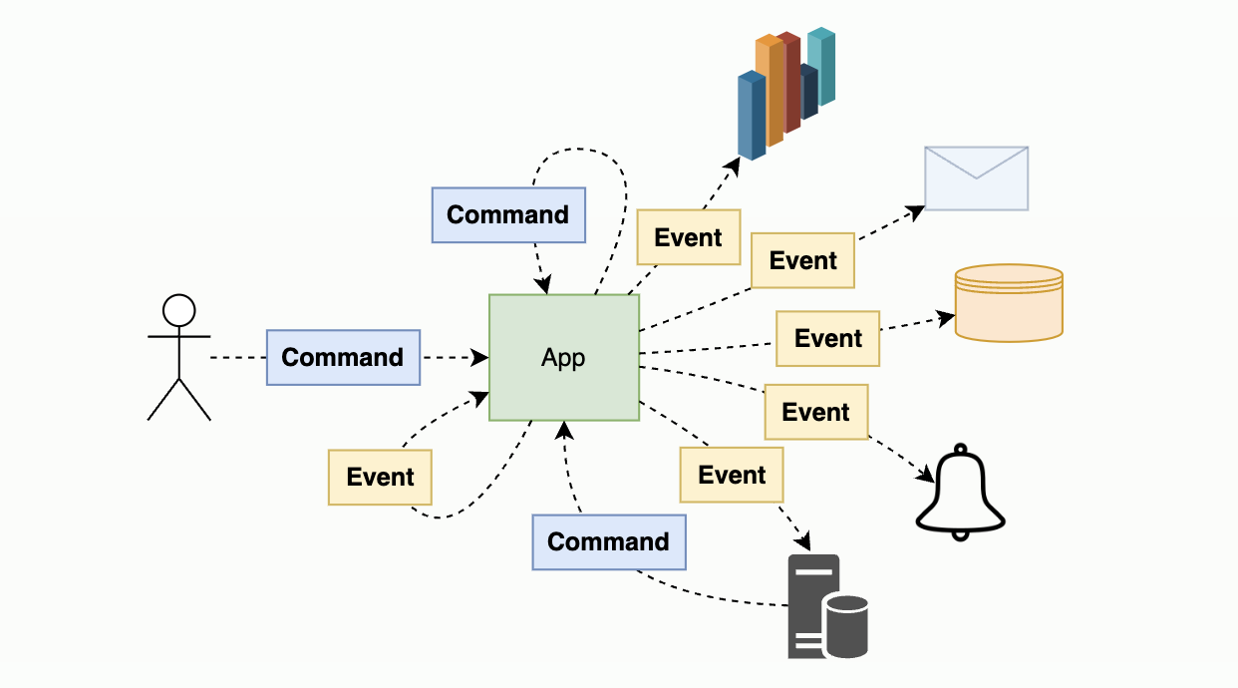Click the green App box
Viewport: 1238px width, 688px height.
[x=563, y=358]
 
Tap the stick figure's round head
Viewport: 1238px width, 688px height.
[x=179, y=310]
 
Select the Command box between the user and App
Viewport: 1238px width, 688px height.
[x=343, y=357]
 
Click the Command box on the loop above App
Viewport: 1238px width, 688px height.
[x=507, y=214]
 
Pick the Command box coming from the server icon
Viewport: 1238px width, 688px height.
[x=608, y=541]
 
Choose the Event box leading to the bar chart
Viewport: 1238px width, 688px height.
[x=688, y=237]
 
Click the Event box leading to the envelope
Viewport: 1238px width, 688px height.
[x=802, y=260]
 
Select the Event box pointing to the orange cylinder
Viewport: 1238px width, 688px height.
[x=827, y=338]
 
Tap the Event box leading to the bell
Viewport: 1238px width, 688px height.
[x=815, y=412]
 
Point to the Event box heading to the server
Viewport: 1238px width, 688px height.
[x=732, y=475]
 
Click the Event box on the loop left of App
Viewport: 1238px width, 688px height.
[x=380, y=477]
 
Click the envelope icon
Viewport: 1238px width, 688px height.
[x=976, y=178]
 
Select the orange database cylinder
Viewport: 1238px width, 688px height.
[x=1009, y=303]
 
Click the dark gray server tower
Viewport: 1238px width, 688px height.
[x=809, y=603]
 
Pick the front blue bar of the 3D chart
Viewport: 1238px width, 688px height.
[x=751, y=117]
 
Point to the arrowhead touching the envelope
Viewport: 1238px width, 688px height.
[x=917, y=210]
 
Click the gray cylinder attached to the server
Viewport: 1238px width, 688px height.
[x=846, y=625]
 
